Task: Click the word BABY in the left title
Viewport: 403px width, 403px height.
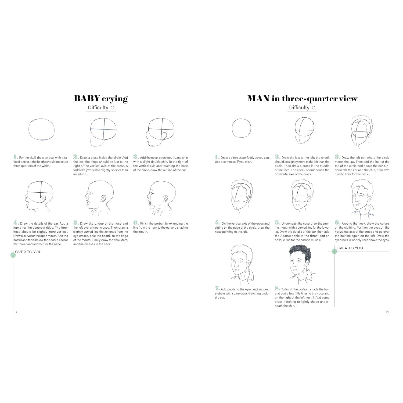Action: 87,98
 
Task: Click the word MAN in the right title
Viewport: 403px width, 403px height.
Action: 258,98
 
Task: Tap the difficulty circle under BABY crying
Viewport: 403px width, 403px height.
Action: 113,108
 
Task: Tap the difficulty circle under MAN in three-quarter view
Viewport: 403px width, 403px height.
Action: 314,108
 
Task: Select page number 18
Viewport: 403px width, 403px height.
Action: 15,312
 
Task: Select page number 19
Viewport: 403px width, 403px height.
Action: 387,312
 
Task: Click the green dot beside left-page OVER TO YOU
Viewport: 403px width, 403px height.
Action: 13,255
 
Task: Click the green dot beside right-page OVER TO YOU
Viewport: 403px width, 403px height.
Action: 334,251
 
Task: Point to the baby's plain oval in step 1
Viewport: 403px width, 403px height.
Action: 41,129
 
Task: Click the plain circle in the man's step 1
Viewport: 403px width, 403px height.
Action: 241,128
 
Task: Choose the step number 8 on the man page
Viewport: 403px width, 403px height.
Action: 277,289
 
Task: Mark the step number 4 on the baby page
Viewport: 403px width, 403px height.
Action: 16,223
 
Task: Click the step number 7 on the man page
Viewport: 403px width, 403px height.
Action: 217,289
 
